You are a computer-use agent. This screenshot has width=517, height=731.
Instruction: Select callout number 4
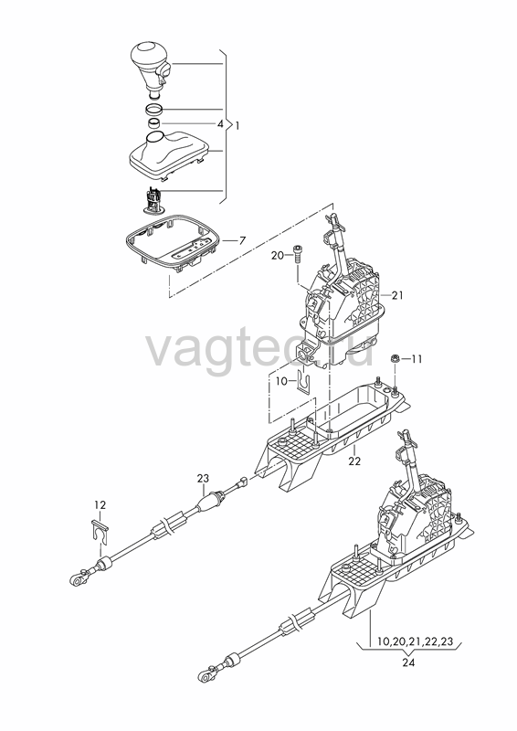pos(220,124)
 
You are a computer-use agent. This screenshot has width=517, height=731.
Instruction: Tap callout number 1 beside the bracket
pos(237,125)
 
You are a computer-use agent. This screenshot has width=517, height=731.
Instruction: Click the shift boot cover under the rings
pos(169,153)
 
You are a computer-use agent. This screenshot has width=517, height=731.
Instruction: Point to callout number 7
pos(242,240)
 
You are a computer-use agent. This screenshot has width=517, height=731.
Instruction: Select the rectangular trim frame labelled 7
pos(172,242)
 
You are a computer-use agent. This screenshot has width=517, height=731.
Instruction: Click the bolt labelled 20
pos(298,253)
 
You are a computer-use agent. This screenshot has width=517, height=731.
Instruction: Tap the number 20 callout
pos(278,256)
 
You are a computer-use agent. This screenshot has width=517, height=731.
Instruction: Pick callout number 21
pos(397,295)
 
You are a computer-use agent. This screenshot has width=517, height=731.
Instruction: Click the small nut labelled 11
pos(394,358)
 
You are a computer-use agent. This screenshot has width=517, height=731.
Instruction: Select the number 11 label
pos(417,359)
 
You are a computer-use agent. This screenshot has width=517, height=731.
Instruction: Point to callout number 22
pos(354,461)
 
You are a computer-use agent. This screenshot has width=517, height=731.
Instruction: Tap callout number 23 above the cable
pos(204,478)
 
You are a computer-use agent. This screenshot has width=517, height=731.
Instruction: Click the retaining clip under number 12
pos(100,533)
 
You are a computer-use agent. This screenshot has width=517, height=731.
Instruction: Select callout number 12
pos(100,505)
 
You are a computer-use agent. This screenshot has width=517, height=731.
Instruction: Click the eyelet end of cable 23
pos(77,579)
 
